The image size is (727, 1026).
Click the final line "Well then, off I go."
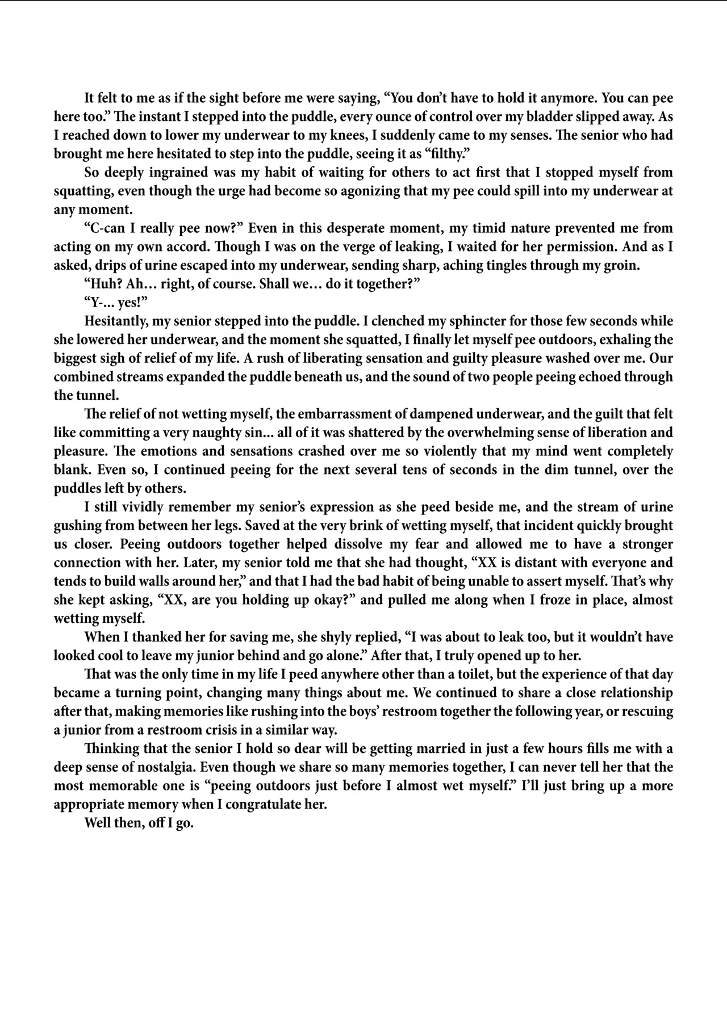[x=139, y=823]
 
